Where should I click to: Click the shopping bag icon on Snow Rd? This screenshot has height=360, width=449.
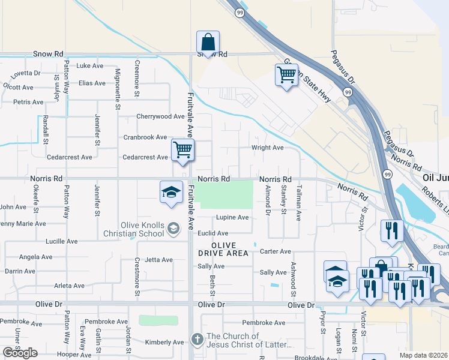pyautogui.click(x=208, y=43)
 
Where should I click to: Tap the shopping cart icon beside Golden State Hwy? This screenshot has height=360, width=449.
pyautogui.click(x=286, y=75)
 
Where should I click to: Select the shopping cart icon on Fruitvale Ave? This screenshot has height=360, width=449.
pyautogui.click(x=182, y=150)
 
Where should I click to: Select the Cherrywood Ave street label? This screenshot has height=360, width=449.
pyautogui.click(x=160, y=116)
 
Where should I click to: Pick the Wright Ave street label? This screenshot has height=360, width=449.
pyautogui.click(x=267, y=148)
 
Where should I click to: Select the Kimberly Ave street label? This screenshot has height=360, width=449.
pyautogui.click(x=164, y=343)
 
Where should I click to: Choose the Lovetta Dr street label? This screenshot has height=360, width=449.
pyautogui.click(x=25, y=73)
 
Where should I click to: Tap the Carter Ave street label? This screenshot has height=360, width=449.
pyautogui.click(x=275, y=251)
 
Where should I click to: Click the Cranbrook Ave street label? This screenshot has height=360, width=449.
pyautogui.click(x=145, y=137)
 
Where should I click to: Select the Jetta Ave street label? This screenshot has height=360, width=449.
pyautogui.click(x=158, y=260)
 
